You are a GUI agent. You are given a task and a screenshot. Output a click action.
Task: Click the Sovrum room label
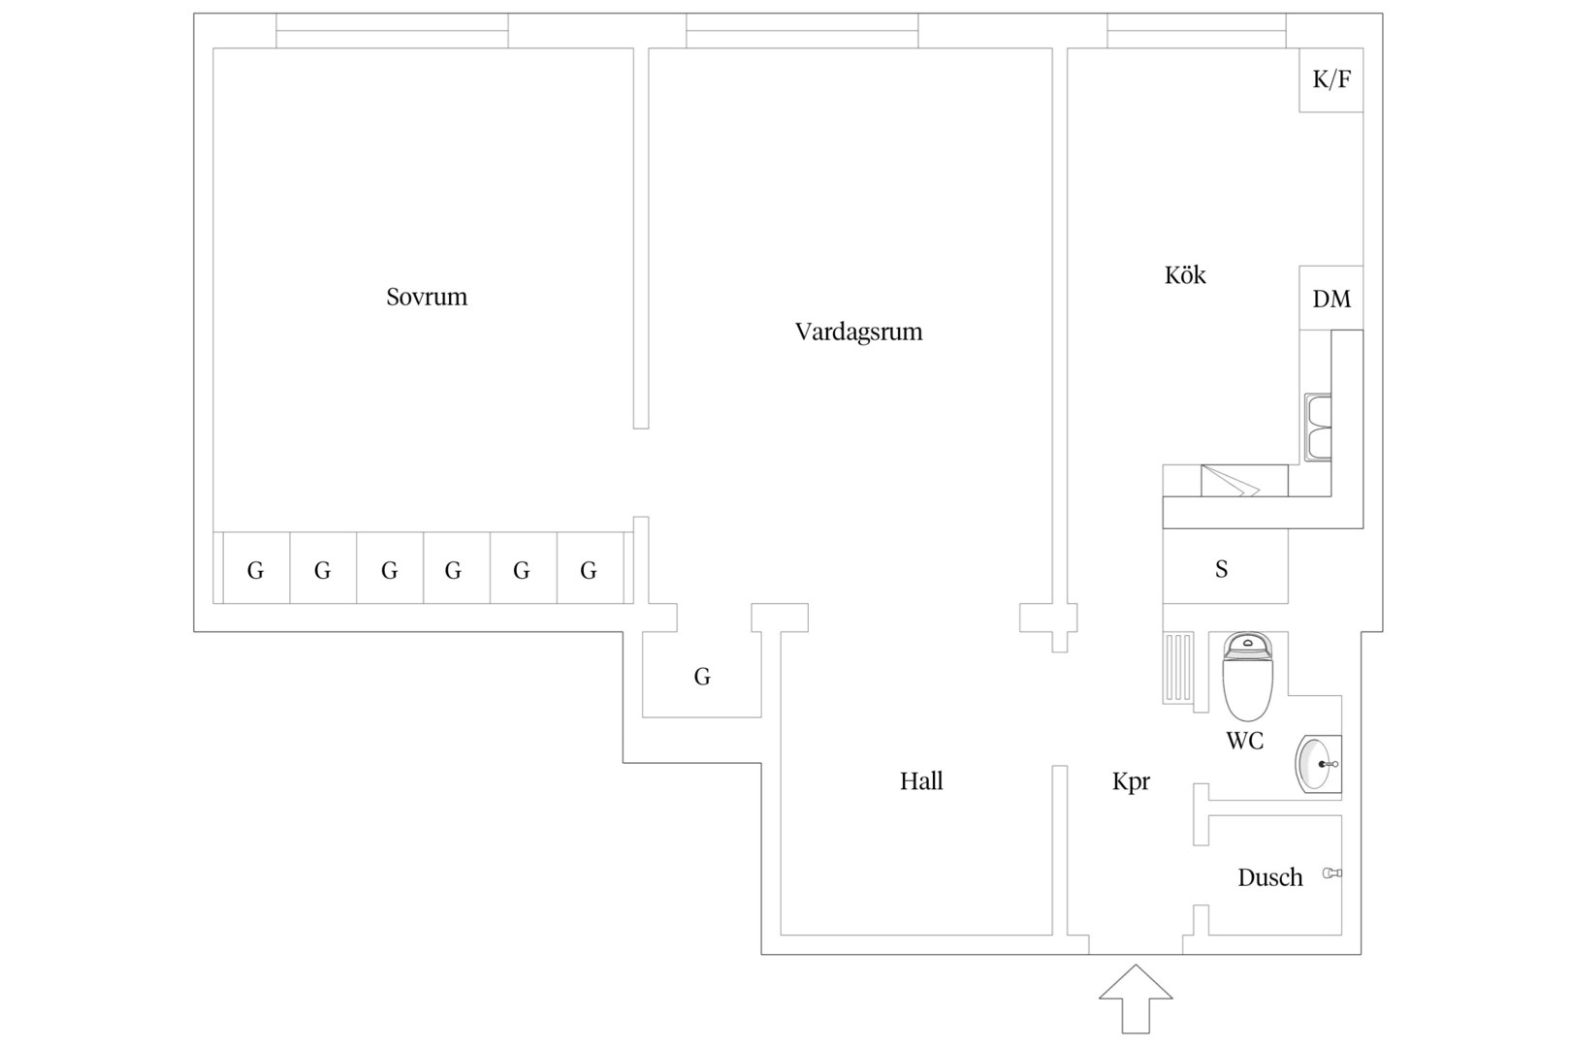[x=427, y=297]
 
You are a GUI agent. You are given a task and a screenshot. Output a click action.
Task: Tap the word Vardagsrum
[x=858, y=332]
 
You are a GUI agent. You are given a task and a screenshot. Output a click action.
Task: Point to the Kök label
[x=1185, y=275]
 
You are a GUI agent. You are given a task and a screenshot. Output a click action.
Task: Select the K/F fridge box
[x=1331, y=79]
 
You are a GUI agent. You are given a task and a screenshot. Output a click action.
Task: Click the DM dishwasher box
[x=1331, y=298]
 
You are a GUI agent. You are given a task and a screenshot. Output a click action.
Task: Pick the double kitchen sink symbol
[x=1318, y=428]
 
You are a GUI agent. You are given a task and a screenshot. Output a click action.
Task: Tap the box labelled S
[x=1225, y=566]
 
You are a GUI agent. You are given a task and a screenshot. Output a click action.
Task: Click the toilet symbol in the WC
[x=1247, y=676]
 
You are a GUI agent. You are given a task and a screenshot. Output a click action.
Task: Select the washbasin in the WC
[x=1318, y=764]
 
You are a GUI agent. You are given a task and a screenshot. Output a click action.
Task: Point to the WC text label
[x=1245, y=741]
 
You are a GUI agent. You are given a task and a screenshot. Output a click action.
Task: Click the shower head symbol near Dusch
[x=1331, y=873]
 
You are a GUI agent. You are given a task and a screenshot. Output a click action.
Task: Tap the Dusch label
[x=1270, y=877]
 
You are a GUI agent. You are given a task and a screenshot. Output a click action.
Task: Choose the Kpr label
[x=1131, y=782]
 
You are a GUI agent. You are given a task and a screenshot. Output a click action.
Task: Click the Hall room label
[x=921, y=781]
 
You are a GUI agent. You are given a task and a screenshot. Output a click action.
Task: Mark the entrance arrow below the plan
[x=1136, y=999]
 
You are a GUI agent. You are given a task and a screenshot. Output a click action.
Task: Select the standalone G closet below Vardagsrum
[x=702, y=675]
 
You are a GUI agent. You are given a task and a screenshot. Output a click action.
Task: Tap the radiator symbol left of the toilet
[x=1178, y=668]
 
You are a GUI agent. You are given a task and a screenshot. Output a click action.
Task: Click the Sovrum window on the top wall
[x=392, y=31]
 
